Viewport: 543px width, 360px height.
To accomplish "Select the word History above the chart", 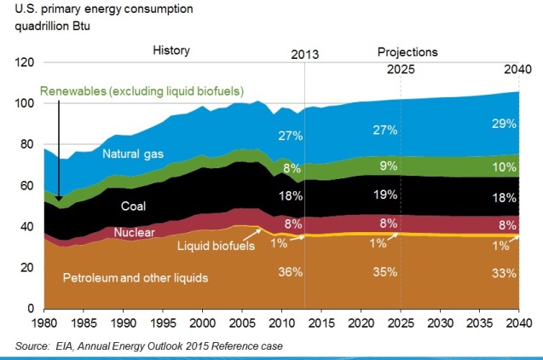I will pyautogui.click(x=172, y=51).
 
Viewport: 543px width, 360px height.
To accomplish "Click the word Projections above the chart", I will pyautogui.click(x=407, y=51).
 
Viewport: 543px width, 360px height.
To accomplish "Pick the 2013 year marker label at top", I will pyautogui.click(x=304, y=55).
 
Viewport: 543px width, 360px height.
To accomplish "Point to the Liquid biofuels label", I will pyautogui.click(x=217, y=247).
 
